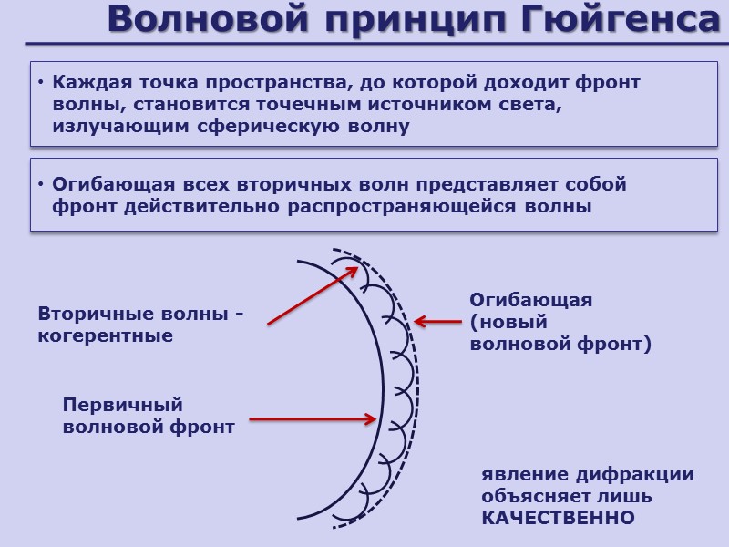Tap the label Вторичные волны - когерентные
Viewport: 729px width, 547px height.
click(x=140, y=325)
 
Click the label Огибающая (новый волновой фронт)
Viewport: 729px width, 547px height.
click(x=560, y=322)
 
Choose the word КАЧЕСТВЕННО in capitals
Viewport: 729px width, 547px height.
click(x=558, y=518)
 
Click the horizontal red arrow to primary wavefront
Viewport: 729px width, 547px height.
click(x=312, y=419)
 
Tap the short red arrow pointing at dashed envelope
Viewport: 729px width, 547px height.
click(x=438, y=321)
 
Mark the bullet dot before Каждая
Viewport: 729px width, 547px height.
click(x=42, y=83)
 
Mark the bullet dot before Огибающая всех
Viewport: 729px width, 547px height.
click(x=42, y=185)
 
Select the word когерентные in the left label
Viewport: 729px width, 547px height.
click(x=105, y=336)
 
